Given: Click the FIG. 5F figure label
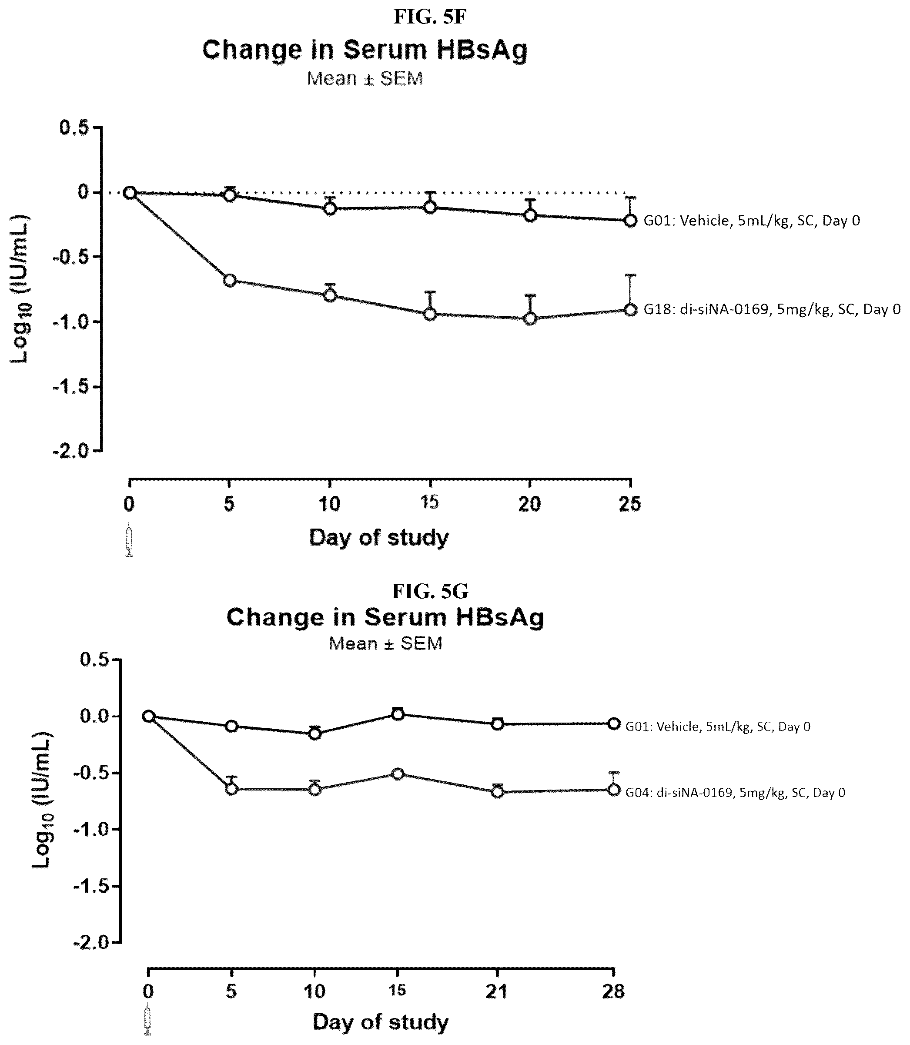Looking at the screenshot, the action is coord(430,17).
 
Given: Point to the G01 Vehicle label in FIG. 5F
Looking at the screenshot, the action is coord(752,221).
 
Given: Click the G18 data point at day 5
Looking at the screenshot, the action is coord(230,280).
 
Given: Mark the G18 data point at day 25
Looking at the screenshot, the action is coord(630,309).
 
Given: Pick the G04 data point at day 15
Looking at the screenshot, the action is coord(398,774).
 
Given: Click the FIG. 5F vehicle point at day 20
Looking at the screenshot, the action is coord(530,215).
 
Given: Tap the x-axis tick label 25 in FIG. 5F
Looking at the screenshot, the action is coord(630,504).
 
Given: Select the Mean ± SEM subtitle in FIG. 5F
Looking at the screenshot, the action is coord(365,79).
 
